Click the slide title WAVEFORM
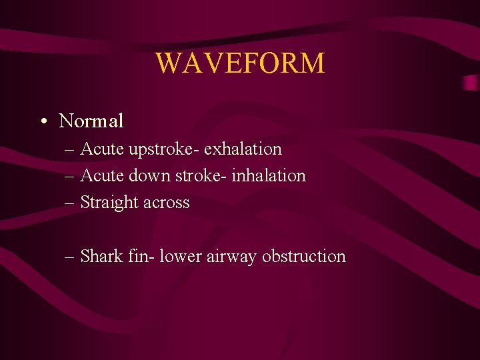[240, 63]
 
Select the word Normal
[91, 121]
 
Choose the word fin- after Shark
[141, 256]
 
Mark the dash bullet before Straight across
[71, 203]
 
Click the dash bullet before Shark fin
[71, 257]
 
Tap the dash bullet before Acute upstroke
[71, 149]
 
